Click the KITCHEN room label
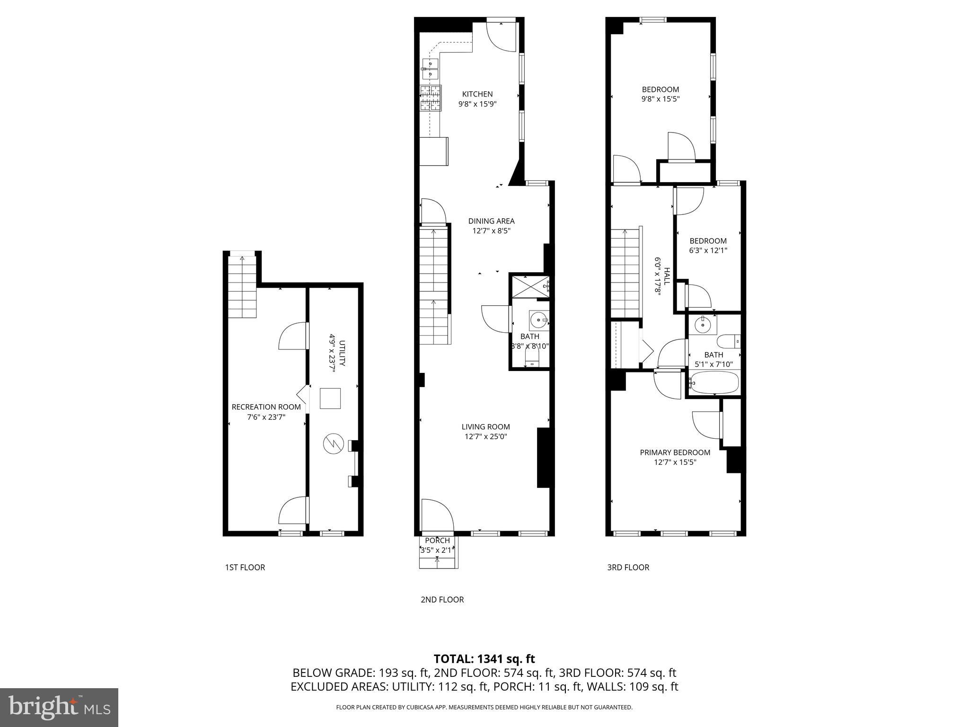(x=477, y=94)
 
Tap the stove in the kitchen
(x=431, y=98)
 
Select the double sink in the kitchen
(x=431, y=69)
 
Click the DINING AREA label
(x=491, y=221)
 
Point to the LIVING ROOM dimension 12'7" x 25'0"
(x=485, y=437)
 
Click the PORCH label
(x=437, y=541)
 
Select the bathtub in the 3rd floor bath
(x=714, y=382)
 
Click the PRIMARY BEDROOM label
(x=675, y=452)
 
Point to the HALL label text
(x=667, y=276)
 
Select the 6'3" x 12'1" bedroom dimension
(x=708, y=250)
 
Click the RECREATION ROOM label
(x=266, y=407)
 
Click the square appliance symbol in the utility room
(x=330, y=398)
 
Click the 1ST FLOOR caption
(x=245, y=567)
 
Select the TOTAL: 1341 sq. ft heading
(x=484, y=659)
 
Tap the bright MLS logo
(x=59, y=707)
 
